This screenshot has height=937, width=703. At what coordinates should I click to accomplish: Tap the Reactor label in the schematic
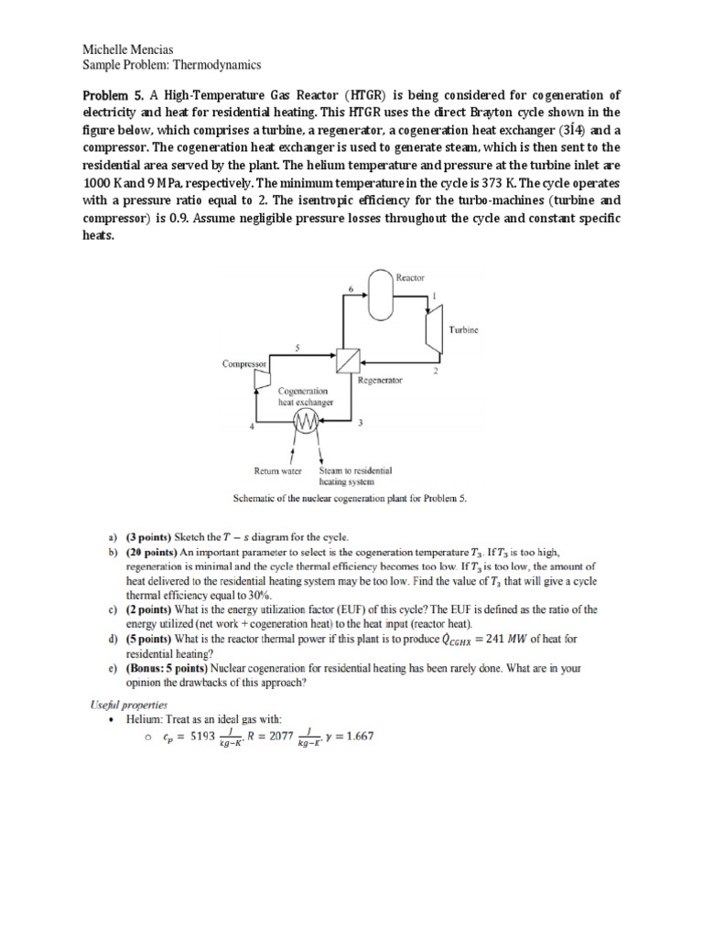pyautogui.click(x=409, y=275)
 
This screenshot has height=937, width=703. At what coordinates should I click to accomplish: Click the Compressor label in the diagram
pyautogui.click(x=244, y=363)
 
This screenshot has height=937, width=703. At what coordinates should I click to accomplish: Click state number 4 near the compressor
pyautogui.click(x=251, y=427)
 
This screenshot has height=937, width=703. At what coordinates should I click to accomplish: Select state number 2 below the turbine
pyautogui.click(x=435, y=371)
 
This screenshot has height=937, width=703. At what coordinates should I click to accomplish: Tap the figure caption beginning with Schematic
pyautogui.click(x=351, y=499)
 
